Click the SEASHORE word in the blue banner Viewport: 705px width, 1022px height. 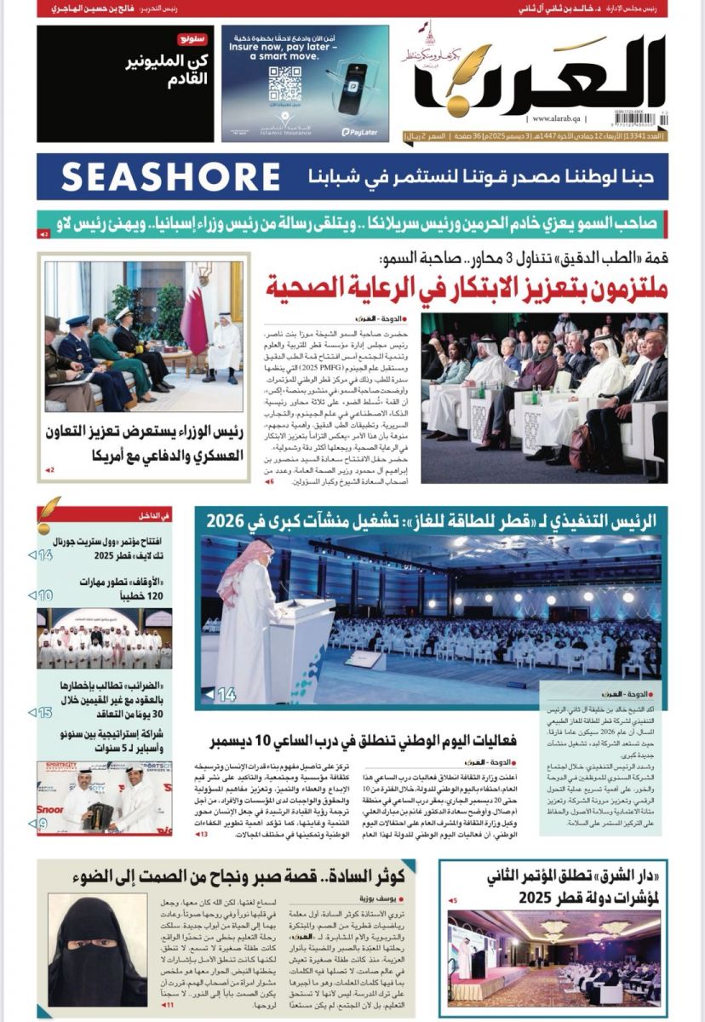(170, 176)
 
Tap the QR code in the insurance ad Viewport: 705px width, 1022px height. (284, 83)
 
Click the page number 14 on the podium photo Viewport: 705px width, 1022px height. (226, 695)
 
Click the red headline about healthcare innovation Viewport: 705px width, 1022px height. (467, 287)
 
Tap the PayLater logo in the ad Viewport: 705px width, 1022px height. (359, 132)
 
